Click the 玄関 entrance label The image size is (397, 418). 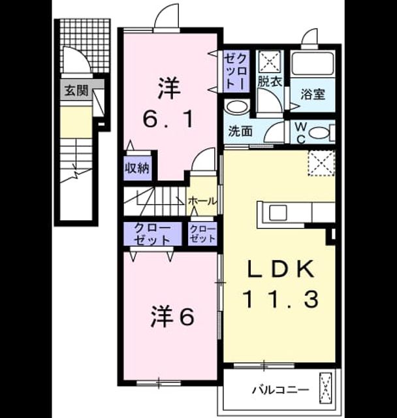point(77,91)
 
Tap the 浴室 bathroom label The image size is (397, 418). point(313,94)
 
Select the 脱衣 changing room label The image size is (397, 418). point(270,81)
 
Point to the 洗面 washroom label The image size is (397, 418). point(240,131)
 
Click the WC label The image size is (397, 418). point(300,133)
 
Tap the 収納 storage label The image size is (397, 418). point(137,169)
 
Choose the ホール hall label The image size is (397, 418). point(202,201)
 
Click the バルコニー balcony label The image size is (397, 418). point(281,391)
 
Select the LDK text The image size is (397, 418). point(280,269)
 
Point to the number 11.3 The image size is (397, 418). point(280,299)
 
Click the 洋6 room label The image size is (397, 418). point(172,317)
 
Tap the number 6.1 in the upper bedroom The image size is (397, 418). point(168,119)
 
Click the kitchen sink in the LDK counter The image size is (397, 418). point(278,212)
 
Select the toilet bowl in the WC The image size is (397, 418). point(320,133)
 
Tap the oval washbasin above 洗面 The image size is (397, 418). point(236,106)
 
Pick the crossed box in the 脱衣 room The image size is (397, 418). point(270,61)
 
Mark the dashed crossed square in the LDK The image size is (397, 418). point(321,163)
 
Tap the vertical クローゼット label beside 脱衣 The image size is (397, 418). point(236,71)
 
